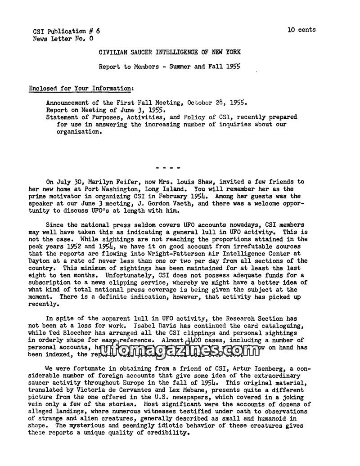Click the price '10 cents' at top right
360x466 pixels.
pyautogui.click(x=301, y=30)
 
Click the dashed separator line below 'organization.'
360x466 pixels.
pyautogui.click(x=168, y=168)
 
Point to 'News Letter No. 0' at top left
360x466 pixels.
pyautogui.click(x=63, y=39)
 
